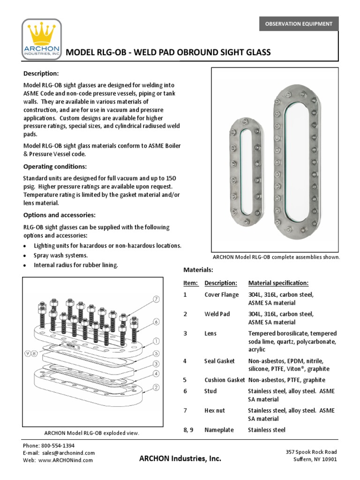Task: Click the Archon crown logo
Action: (42, 40)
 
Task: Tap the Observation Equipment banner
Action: (299, 23)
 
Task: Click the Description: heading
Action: (41, 74)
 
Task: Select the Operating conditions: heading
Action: (55, 166)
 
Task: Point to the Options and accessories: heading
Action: (60, 215)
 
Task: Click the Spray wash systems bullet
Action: (60, 255)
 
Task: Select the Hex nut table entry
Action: (215, 410)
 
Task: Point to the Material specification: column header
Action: (278, 283)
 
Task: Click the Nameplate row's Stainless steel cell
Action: (266, 430)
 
